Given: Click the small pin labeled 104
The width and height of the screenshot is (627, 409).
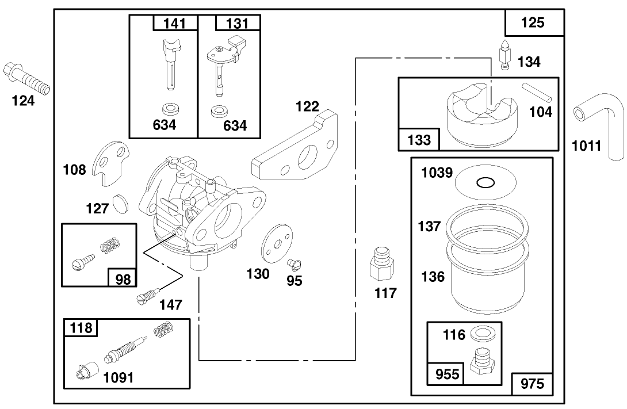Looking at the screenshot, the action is [x=537, y=93].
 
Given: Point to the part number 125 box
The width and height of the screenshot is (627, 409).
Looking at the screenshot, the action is [x=534, y=23].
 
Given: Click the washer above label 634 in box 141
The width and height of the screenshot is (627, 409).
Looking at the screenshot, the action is [x=171, y=108].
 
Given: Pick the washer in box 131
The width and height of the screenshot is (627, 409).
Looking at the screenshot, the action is [x=218, y=111].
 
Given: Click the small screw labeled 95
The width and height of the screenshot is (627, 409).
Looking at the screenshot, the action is [x=294, y=264].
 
